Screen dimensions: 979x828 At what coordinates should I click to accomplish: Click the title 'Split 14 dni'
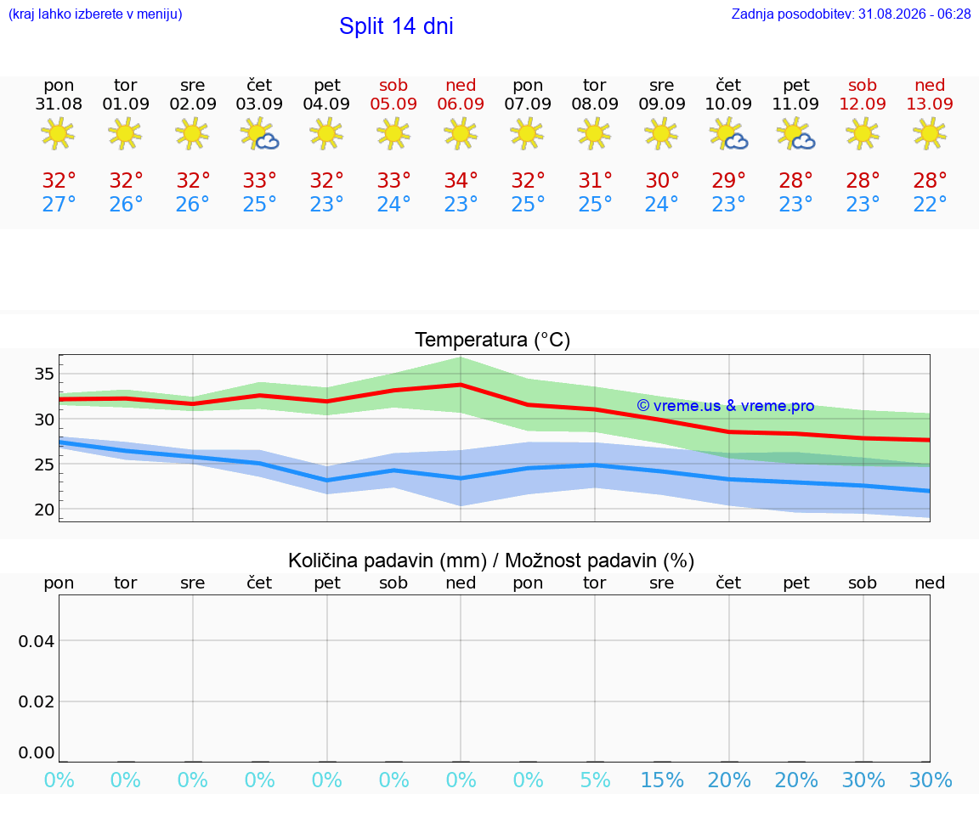coord(396,26)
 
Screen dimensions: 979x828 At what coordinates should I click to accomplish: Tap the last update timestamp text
coord(851,14)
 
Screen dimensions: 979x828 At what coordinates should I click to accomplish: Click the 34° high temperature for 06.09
coord(461,180)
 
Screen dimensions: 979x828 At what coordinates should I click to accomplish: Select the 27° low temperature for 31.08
coord(59,204)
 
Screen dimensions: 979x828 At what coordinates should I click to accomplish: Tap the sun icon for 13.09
coord(930,133)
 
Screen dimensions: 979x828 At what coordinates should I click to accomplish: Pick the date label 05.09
coord(393,104)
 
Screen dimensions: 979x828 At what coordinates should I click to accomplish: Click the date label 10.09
coord(728,104)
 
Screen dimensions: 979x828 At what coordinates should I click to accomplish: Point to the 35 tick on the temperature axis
coord(44,375)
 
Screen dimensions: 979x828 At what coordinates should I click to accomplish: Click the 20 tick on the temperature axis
coord(44,510)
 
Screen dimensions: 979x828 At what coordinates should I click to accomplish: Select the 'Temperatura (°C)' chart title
coord(493,340)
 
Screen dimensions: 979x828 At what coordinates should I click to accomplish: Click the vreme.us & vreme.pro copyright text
coord(726,406)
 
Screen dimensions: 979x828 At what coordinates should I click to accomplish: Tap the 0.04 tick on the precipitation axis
coord(37,641)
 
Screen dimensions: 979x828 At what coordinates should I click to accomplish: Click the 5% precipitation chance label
coord(595,780)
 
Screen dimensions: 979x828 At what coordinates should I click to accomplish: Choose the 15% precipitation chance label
coord(662,780)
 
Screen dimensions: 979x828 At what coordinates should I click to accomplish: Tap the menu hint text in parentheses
coord(95,14)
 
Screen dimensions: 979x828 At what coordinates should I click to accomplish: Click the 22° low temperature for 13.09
coord(930,204)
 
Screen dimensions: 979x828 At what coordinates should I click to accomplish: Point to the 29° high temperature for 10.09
coord(728,180)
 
